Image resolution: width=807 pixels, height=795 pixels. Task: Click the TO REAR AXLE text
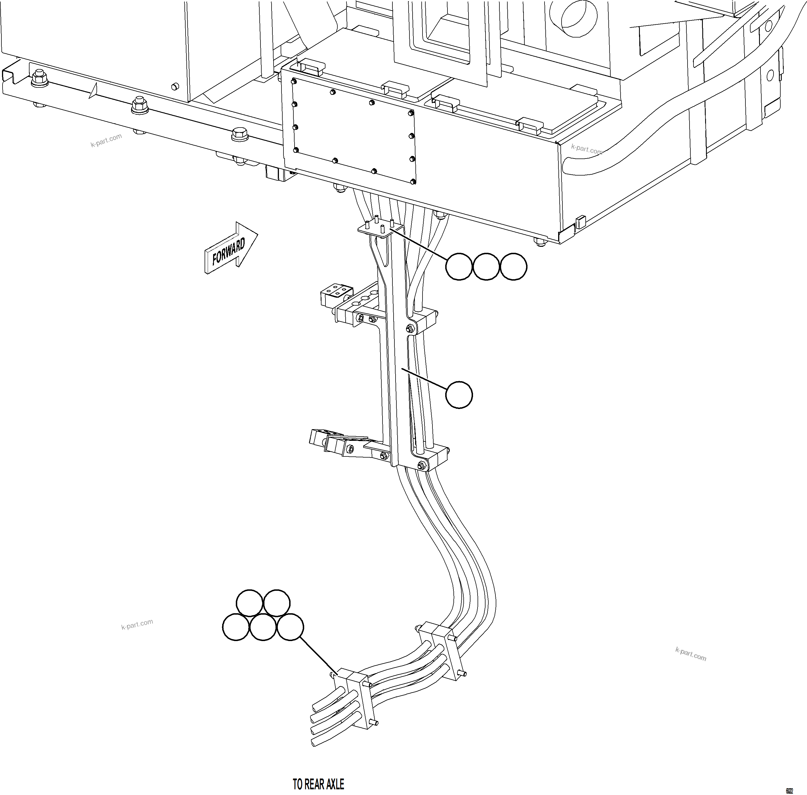tap(318, 784)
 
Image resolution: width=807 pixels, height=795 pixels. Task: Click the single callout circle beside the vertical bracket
tap(459, 395)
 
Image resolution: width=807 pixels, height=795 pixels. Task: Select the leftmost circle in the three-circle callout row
tap(459, 266)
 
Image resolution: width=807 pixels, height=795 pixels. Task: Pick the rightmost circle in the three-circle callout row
tap(513, 266)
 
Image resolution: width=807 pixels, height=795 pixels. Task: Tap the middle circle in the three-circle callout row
tap(486, 266)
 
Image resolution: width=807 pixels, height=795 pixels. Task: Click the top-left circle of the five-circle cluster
tap(249, 603)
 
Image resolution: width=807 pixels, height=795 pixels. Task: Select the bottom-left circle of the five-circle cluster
tap(236, 627)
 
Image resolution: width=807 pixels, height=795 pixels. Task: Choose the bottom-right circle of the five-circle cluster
tap(290, 627)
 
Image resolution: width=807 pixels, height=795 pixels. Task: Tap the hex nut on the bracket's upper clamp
tap(410, 329)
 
